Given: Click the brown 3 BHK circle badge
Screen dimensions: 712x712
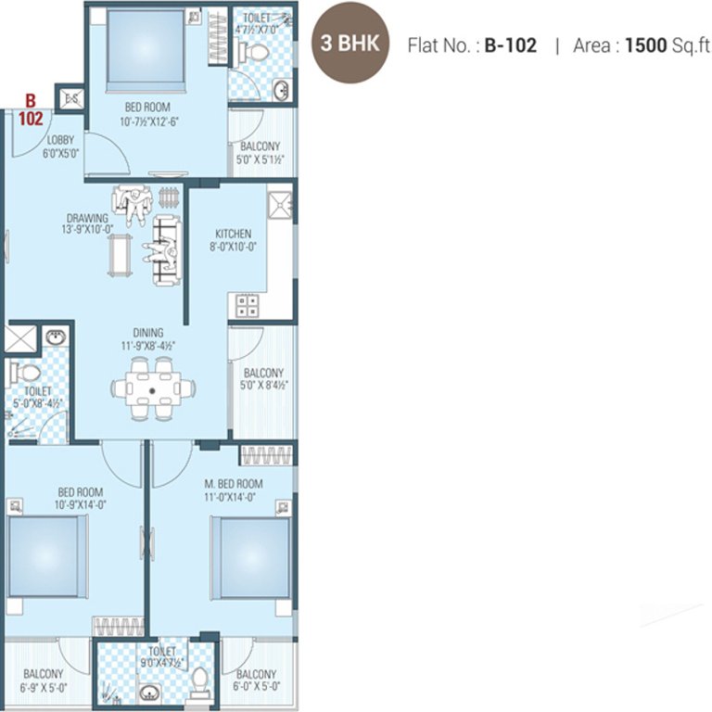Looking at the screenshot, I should pos(351,44).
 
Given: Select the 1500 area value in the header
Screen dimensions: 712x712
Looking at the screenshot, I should pos(647,44).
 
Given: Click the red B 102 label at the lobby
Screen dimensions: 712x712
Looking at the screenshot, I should pos(30,109).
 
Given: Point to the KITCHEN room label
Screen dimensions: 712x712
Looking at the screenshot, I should pos(233,234).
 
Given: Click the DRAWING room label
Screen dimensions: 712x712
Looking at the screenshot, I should pos(87,218).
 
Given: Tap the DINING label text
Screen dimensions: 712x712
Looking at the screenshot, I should pos(147,333).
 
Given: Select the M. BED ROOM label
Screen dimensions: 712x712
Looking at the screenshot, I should pos(234,484).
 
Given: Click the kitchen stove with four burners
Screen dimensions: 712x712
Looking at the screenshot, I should pos(247,305).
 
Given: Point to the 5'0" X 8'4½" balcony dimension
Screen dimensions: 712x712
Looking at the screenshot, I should pos(262,386).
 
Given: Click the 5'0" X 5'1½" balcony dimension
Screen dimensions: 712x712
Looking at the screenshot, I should pos(261,159).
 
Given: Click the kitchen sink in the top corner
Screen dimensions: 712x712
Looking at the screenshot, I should pos(279,205).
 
